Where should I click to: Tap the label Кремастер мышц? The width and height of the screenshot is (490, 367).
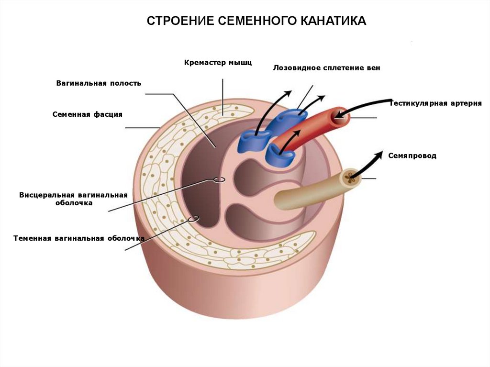pos(218,62)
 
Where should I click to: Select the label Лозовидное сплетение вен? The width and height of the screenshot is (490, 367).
pos(327,68)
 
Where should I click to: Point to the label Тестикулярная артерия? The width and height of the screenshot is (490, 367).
pos(435,103)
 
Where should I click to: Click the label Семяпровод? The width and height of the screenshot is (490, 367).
pos(412,156)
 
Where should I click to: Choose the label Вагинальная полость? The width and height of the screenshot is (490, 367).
pos(99,83)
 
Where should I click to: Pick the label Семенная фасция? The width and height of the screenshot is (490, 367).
pos(88,114)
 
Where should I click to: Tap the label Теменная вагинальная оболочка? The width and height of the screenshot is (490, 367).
pos(79,238)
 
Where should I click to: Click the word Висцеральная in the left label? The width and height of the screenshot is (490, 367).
pos(47,195)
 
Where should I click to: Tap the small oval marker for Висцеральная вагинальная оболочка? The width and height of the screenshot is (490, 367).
pos(219,180)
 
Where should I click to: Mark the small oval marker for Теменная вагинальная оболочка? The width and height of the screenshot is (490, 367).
pos(194,219)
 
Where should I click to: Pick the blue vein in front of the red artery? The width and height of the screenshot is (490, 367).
pos(282,154)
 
